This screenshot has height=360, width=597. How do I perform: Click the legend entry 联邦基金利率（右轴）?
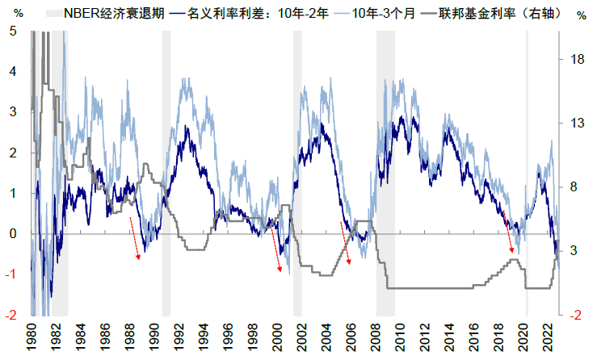tap(498, 14)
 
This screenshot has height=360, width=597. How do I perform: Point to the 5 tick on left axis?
tap(14, 31)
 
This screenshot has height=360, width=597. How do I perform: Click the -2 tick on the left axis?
tap(12, 316)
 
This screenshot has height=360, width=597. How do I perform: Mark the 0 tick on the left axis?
tap(14, 234)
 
